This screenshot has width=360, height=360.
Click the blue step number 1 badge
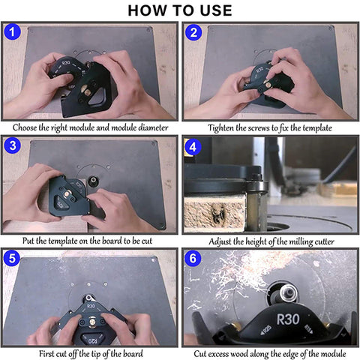(12, 32)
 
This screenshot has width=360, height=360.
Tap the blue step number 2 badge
(193, 32)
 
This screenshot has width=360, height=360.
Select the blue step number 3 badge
(12, 145)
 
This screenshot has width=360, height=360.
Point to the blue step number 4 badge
(193, 147)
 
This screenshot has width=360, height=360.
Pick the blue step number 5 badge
(12, 258)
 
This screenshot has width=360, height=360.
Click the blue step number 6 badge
(193, 258)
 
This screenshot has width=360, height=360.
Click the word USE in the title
(216, 10)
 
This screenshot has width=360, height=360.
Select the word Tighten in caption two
(221, 128)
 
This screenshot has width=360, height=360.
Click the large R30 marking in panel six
(288, 319)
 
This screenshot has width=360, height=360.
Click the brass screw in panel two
(269, 85)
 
